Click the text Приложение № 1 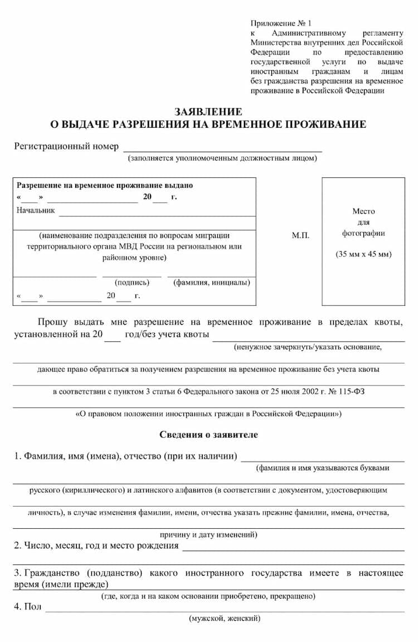coord(281,23)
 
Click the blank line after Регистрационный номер coord(222,148)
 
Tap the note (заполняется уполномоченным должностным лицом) coord(222,158)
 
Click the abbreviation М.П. coord(300,235)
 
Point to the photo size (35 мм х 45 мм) coord(363,254)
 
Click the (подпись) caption coord(132,282)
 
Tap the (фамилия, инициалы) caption coord(211,282)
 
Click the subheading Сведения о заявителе coord(208,435)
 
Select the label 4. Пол coord(27,606)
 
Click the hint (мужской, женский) coord(225,619)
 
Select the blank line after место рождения coord(293,548)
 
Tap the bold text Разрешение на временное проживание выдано coord(105,185)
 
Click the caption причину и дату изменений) coord(208,534)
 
